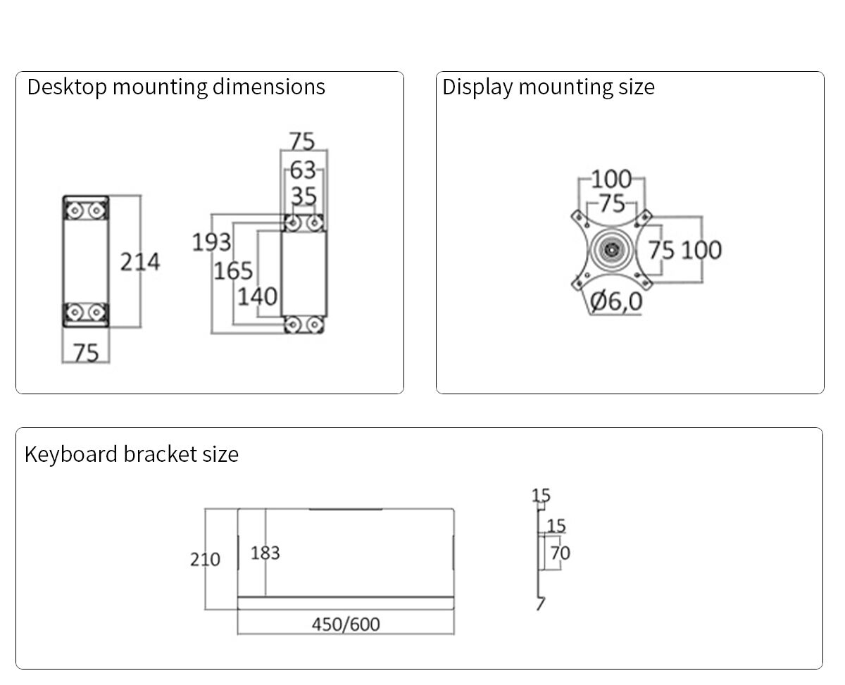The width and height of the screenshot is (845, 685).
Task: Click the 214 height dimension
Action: click(x=140, y=262)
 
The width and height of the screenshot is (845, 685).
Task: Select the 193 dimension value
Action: click(x=211, y=242)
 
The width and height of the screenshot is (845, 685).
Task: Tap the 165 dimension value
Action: click(x=233, y=270)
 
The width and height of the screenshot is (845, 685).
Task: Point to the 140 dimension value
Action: click(x=257, y=296)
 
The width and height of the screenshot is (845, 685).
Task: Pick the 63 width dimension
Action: click(x=303, y=170)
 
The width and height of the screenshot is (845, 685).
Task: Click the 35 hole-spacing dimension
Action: click(x=303, y=196)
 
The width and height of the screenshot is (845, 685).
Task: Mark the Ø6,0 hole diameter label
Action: click(x=616, y=301)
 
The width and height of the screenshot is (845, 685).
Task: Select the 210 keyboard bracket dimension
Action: click(x=205, y=560)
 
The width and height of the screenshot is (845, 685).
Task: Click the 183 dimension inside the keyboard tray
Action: click(x=265, y=553)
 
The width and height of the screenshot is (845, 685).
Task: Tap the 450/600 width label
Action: click(x=346, y=624)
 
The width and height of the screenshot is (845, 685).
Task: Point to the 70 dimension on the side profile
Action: click(x=560, y=553)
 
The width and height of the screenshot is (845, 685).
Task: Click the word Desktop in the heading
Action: click(x=67, y=87)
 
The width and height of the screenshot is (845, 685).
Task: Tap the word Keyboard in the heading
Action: click(x=71, y=454)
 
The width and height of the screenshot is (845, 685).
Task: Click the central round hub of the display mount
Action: click(x=611, y=249)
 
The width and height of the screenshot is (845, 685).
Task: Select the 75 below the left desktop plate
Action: click(x=86, y=352)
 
